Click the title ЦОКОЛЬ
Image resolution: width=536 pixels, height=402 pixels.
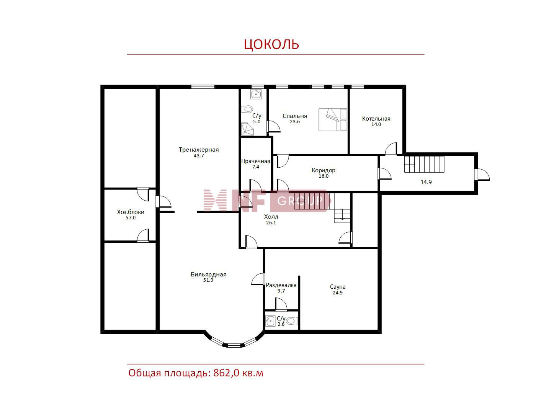(271, 44)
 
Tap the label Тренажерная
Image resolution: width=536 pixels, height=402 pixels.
(199, 150)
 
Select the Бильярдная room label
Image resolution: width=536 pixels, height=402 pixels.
(208, 275)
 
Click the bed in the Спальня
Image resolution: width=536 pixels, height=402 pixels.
(333, 119)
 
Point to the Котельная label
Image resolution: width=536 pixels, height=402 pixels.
(376, 119)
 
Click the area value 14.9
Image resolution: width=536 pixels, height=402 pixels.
(426, 182)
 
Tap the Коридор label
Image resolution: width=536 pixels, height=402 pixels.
(323, 170)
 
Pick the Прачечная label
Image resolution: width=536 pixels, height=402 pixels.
(256, 161)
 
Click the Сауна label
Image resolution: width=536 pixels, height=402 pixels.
(338, 287)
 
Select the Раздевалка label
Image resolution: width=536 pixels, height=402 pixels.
(281, 285)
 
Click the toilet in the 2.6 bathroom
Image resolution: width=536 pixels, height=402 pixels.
(292, 321)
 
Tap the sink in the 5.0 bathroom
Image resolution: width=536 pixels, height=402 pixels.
(256, 94)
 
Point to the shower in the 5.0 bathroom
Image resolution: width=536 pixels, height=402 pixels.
(248, 129)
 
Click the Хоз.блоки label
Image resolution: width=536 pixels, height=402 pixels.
(131, 212)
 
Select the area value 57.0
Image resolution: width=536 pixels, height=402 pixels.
(131, 218)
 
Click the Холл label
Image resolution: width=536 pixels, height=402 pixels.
(271, 217)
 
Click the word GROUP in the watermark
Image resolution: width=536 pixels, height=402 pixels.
(300, 201)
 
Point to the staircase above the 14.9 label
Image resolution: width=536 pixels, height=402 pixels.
(424, 164)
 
